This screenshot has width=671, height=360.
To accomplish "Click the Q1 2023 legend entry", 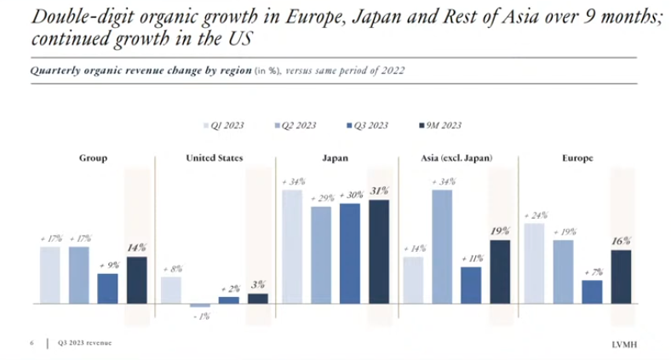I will click(226, 125).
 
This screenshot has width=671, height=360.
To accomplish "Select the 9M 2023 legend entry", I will click(439, 125).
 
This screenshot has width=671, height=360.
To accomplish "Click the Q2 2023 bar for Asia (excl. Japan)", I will click(442, 246).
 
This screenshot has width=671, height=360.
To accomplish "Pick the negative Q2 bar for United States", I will click(200, 305).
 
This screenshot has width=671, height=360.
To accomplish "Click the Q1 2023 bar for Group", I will click(50, 275).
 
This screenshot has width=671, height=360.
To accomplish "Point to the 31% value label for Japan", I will click(379, 191).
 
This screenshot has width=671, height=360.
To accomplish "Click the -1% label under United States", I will click(201, 316).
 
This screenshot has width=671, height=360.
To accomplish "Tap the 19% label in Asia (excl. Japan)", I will click(500, 231).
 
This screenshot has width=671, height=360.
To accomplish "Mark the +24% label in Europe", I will click(533, 214).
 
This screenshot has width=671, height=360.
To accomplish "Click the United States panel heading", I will click(214, 157).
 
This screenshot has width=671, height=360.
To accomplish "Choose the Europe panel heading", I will click(576, 157).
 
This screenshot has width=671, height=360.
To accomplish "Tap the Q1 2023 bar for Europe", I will click(534, 263).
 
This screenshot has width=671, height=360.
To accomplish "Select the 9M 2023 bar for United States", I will click(257, 298).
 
